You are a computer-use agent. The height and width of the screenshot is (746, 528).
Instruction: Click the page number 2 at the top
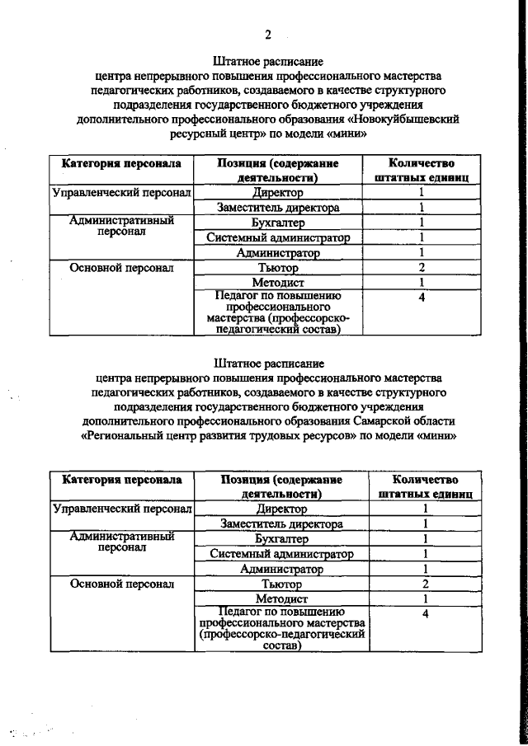point(268,34)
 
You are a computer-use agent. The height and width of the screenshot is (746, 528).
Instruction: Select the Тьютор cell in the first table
point(278,268)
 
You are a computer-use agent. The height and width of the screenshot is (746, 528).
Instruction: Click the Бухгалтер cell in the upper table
point(278,223)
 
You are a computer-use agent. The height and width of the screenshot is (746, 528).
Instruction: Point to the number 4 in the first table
point(422,298)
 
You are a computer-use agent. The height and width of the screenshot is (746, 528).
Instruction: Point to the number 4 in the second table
point(425,614)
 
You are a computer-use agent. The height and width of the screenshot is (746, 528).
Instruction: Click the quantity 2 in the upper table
point(422,268)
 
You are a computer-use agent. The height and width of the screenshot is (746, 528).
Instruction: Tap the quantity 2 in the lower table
point(425,583)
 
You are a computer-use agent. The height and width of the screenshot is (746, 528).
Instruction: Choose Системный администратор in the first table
point(278,238)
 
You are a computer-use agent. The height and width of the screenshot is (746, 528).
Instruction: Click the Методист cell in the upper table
point(278,283)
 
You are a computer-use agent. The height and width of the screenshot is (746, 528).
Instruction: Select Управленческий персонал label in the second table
point(122,509)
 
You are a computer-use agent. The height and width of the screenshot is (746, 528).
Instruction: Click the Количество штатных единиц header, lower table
point(425,486)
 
